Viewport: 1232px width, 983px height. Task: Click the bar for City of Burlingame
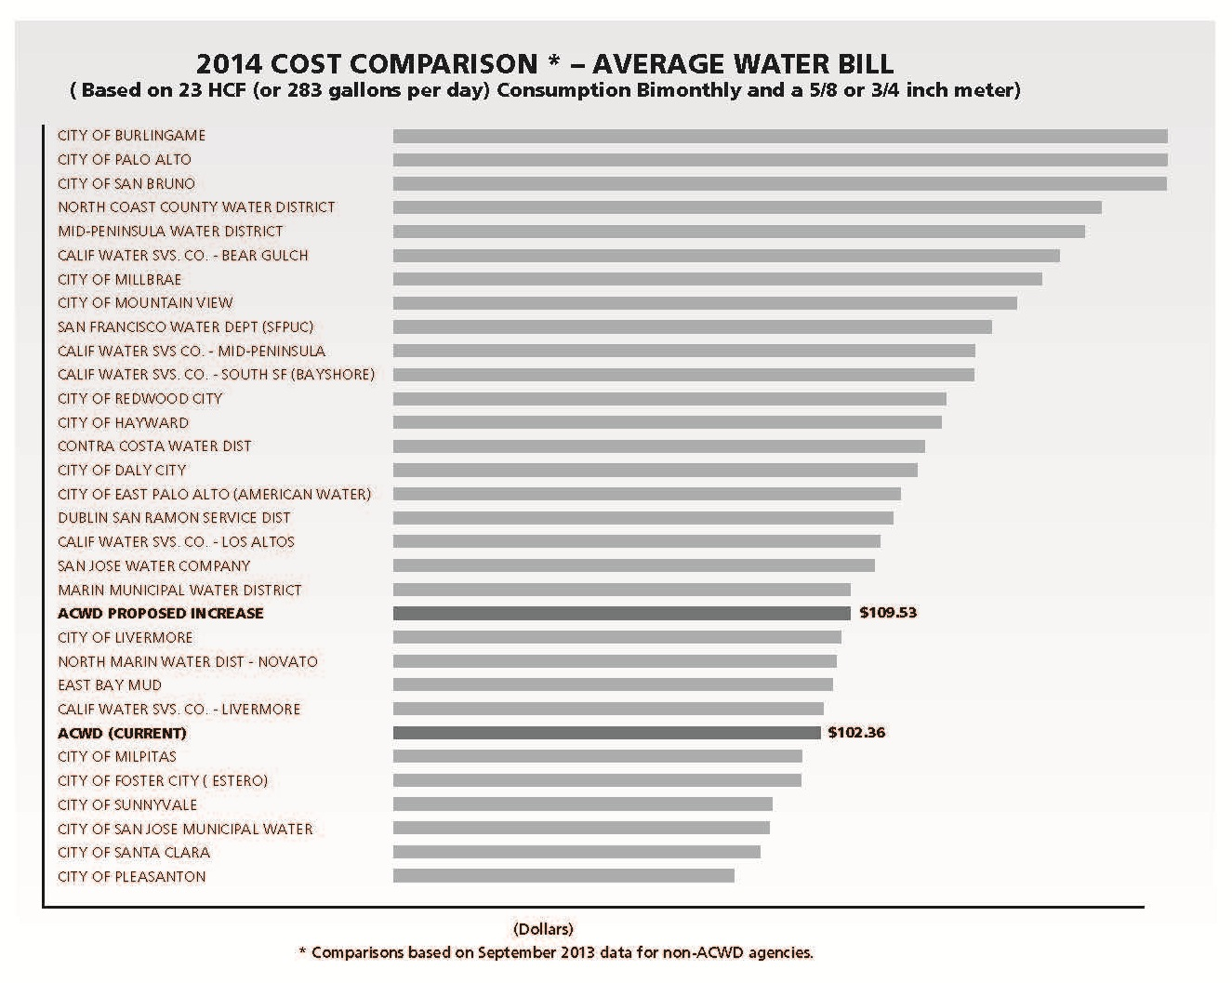pos(779,136)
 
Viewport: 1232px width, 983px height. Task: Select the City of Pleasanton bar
pos(563,876)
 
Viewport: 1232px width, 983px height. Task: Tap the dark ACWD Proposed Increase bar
pos(621,613)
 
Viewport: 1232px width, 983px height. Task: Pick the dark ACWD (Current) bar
pos(606,733)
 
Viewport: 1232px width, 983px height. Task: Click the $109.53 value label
pos(888,613)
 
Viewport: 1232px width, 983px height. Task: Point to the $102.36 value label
pos(856,733)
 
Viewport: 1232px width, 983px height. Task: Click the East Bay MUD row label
pos(110,685)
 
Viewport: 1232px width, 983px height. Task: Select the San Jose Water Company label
pos(153,565)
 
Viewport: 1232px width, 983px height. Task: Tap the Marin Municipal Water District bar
pos(621,590)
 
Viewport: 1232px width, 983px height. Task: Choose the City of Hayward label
pos(123,422)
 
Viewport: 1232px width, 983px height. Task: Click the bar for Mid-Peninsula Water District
pos(738,232)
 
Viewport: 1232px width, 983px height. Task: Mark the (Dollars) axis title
pos(543,928)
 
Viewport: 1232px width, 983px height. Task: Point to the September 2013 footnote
pos(555,952)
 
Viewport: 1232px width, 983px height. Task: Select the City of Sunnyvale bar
pos(582,804)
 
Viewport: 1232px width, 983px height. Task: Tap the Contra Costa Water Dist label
pos(154,446)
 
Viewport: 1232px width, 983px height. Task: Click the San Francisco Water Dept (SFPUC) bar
pos(692,327)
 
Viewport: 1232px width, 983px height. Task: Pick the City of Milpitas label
pos(117,757)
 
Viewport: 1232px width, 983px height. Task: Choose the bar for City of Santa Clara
pos(576,852)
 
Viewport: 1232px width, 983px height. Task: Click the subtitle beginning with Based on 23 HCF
pos(545,90)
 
